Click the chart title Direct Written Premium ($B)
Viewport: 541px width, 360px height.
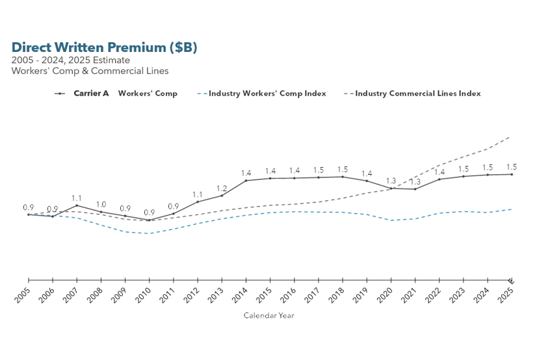click(x=104, y=47)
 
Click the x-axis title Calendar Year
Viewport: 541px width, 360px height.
click(x=269, y=315)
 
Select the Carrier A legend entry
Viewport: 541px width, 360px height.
click(x=91, y=94)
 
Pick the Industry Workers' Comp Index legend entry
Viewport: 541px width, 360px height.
click(x=267, y=94)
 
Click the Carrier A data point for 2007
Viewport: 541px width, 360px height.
click(x=77, y=205)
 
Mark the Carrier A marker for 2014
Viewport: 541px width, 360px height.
click(x=246, y=180)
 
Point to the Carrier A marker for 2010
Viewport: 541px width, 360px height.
click(x=149, y=220)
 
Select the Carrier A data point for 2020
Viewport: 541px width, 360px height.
click(x=391, y=188)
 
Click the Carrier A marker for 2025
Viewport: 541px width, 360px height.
click(x=512, y=174)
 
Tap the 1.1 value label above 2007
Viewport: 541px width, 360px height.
click(x=77, y=198)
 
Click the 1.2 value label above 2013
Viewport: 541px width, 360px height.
click(x=222, y=188)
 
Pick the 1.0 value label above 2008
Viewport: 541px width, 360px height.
click(x=101, y=205)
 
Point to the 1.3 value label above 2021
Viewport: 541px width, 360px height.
click(x=415, y=182)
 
